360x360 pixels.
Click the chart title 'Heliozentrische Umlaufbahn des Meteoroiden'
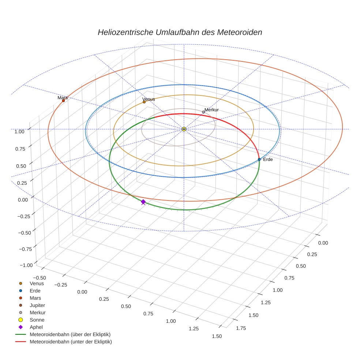coord(180,32)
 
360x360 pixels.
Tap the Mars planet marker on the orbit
coord(63,101)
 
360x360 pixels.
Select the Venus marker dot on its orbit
coord(144,102)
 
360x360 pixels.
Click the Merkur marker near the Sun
coord(203,112)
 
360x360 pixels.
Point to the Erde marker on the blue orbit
coord(259,159)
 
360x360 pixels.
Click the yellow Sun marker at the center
coord(184,129)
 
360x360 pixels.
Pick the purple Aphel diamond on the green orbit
coord(143,202)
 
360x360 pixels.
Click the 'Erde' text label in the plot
coord(268,160)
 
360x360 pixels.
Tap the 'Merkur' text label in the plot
coord(211,110)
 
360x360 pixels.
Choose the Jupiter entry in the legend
coord(37,305)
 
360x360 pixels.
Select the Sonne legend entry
coord(37,320)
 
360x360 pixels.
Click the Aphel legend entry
coord(36,327)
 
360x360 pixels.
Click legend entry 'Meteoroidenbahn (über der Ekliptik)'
coord(70,334)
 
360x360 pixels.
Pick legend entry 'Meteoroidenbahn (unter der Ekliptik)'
coord(71,342)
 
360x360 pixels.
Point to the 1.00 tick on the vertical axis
coord(19,131)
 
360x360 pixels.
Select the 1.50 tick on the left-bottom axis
coord(217,336)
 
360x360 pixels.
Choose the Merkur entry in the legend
coord(37,312)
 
